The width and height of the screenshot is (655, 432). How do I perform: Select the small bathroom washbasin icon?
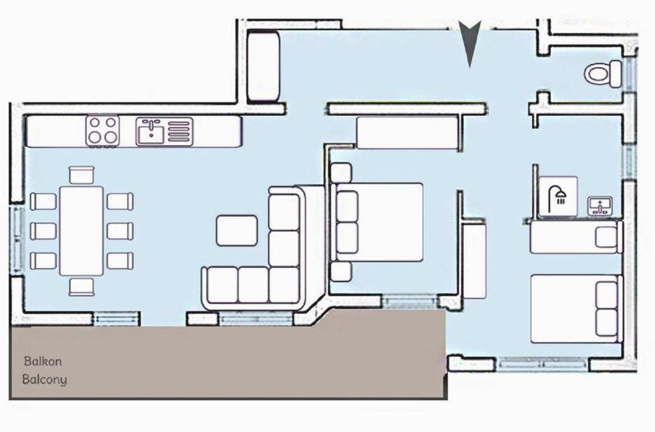coord(600,206)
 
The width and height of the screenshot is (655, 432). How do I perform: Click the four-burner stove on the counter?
coord(103,131)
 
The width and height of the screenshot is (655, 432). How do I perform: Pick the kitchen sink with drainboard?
coord(164,131)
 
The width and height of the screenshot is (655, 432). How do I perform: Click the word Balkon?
coord(43,361)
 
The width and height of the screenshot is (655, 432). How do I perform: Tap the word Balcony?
coord(44,380)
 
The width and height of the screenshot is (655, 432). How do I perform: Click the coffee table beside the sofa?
coord(237,230)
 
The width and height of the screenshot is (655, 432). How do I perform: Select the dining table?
coord(81,231)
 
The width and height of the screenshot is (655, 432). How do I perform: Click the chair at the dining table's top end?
coord(81,175)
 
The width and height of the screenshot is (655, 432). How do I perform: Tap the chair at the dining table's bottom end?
coord(81,287)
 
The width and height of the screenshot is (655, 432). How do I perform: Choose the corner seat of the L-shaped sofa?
coord(284,285)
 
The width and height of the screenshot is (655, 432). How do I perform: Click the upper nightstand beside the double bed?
coord(341,172)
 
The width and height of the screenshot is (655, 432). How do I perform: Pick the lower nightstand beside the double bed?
coord(341,272)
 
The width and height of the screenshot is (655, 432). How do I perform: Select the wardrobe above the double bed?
coord(407,132)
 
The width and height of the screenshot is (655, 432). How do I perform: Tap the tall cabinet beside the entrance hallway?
coord(263,67)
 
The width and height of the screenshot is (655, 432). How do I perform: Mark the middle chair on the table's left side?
coord(43,231)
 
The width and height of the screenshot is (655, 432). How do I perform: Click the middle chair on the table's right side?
coord(120,231)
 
